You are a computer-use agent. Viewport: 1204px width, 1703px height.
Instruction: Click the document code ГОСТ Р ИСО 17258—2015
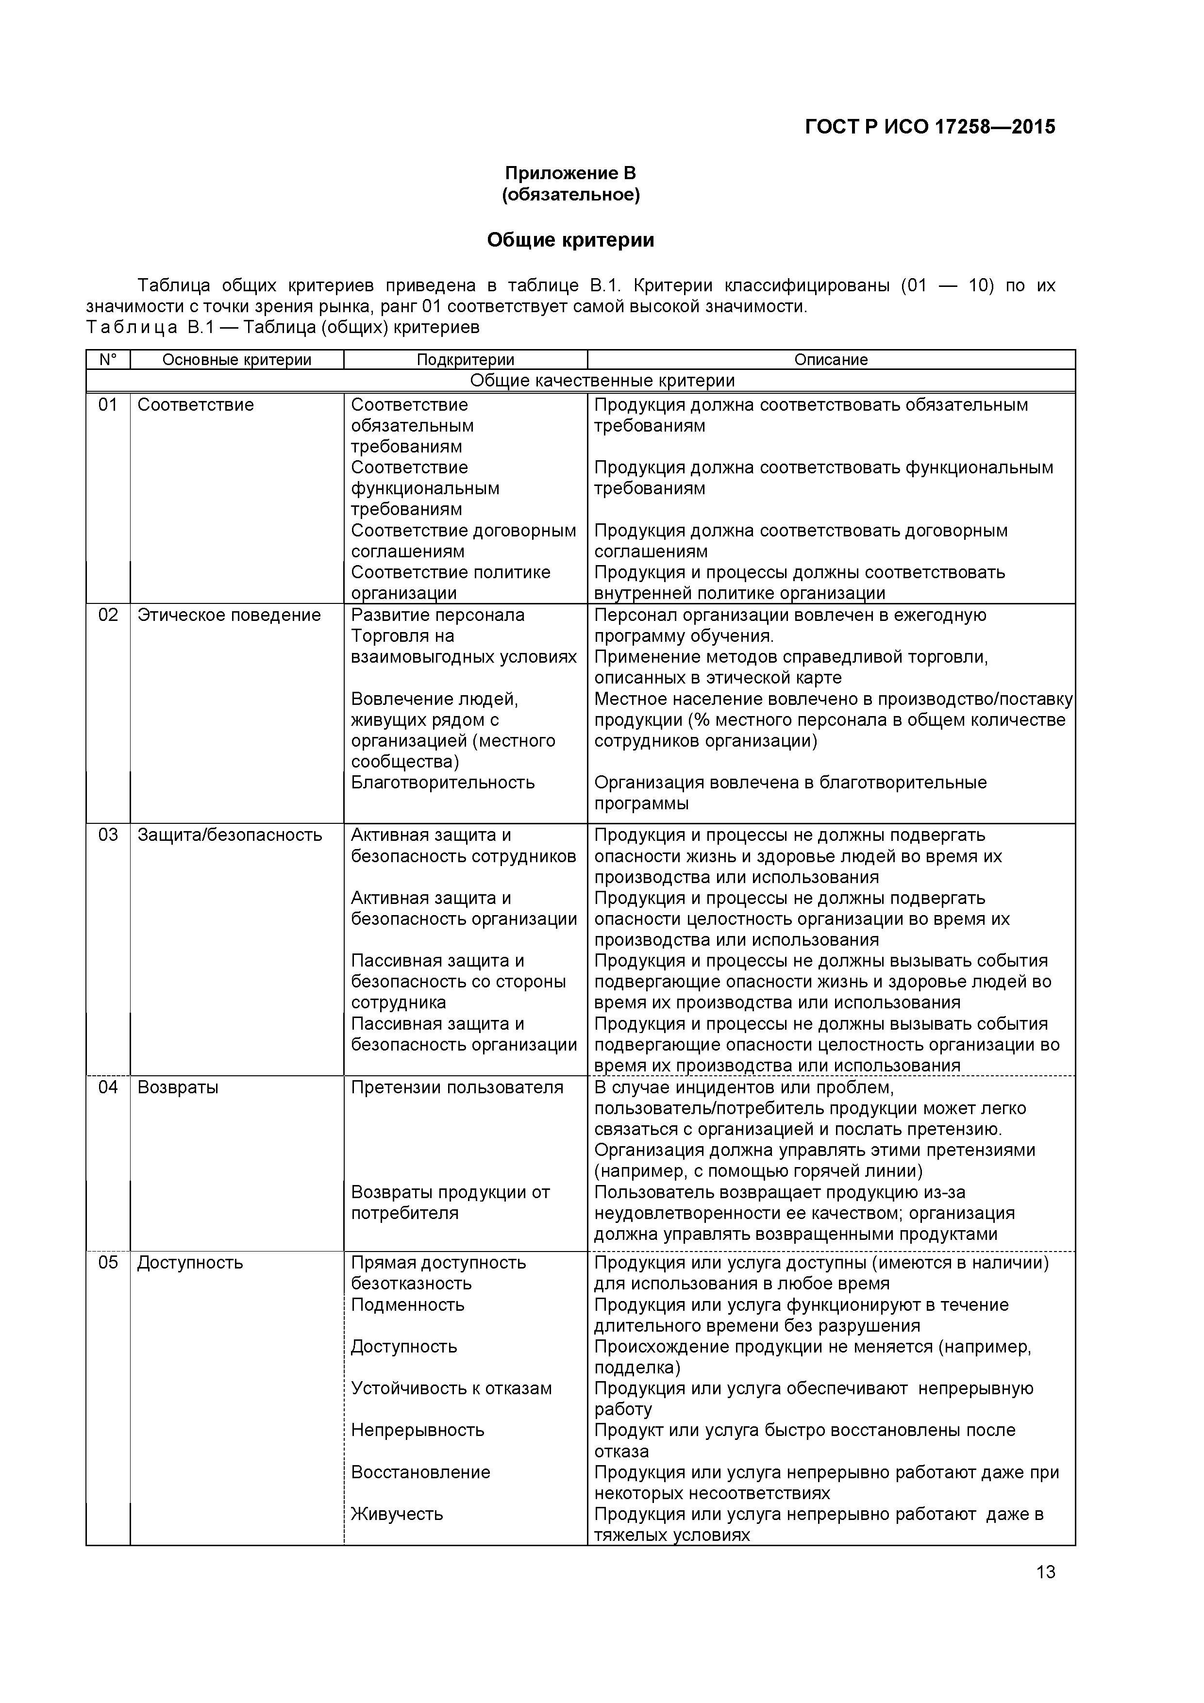click(x=930, y=127)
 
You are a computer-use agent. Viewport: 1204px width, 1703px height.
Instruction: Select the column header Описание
click(x=830, y=360)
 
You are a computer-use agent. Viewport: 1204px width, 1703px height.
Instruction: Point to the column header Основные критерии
click(x=236, y=360)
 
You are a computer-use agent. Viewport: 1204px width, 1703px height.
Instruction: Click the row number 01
click(x=108, y=405)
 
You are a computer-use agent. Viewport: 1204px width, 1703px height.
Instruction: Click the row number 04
click(x=108, y=1087)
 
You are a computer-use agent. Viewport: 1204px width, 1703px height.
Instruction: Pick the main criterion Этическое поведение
click(x=229, y=615)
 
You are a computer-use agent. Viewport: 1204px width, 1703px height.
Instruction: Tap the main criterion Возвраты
click(x=178, y=1087)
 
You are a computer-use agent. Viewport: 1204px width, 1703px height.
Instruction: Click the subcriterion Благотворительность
click(x=443, y=783)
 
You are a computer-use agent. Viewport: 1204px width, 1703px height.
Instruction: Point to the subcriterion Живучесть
click(x=397, y=1514)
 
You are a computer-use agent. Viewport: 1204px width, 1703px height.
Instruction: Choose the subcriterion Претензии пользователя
click(x=457, y=1087)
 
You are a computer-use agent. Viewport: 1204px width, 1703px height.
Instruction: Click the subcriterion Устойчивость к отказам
click(x=451, y=1388)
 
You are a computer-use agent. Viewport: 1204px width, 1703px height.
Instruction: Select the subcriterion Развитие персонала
click(x=438, y=615)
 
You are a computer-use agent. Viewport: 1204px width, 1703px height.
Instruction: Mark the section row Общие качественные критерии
click(x=602, y=381)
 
